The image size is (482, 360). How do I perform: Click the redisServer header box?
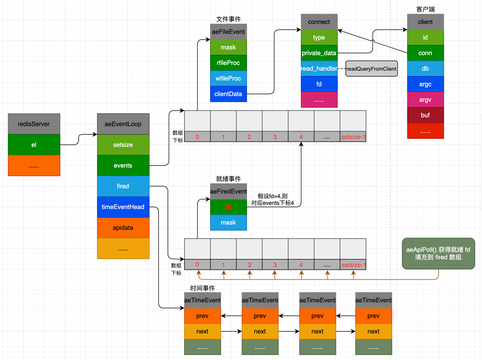34,124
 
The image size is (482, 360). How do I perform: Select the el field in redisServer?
34,145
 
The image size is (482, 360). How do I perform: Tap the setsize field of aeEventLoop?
123,145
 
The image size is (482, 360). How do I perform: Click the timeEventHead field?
123,207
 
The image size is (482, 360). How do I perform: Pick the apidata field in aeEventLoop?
123,228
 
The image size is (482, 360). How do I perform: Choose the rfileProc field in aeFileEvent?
228,63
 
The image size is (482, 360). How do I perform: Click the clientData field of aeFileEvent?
228,94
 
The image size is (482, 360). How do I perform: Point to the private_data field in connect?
319,53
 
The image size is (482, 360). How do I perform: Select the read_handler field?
319,68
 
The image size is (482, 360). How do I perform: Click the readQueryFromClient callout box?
371,69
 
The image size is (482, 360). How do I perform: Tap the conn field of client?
425,53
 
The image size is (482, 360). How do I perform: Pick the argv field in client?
425,100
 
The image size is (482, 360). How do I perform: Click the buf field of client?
425,115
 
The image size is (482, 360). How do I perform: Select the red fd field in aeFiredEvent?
228,207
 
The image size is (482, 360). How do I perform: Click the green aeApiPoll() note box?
438,254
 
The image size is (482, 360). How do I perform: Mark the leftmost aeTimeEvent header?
202,300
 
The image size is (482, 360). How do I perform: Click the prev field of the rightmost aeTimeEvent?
374,316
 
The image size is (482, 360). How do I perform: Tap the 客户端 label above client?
425,10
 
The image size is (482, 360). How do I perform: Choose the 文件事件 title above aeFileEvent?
228,19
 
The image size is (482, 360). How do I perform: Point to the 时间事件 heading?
202,288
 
